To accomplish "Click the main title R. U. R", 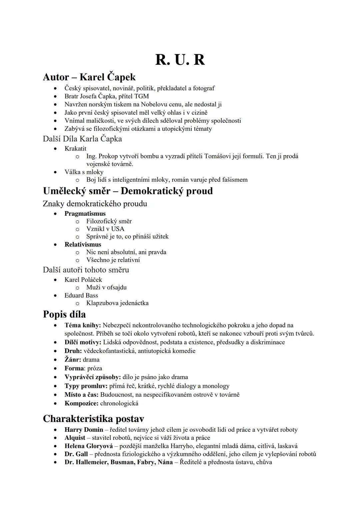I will click(x=180, y=60).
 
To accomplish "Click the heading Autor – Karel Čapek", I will click(x=89, y=77).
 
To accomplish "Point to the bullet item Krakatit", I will click(x=75, y=148).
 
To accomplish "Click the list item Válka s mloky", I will click(x=84, y=172).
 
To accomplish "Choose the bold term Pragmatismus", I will click(x=85, y=214).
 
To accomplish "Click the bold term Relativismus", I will click(x=83, y=244).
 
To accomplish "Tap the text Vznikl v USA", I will click(x=105, y=229).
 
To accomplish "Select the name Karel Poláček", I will click(x=83, y=280).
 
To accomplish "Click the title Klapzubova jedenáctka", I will click(x=117, y=303).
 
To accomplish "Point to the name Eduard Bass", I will click(x=81, y=295).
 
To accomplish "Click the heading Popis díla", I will click(x=64, y=314).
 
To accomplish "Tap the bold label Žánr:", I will click(x=73, y=360).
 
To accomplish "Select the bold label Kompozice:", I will click(x=81, y=403).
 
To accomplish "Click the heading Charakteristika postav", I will click(x=93, y=419).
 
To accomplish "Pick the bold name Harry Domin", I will click(x=84, y=430).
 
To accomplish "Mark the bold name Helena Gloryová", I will click(x=89, y=446).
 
